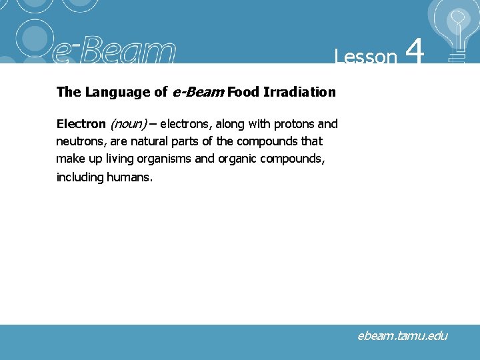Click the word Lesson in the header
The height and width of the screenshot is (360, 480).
point(365,57)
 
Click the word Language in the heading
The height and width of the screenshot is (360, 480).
point(117,92)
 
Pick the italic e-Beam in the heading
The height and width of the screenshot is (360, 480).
point(198,92)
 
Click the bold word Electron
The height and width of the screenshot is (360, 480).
point(81,124)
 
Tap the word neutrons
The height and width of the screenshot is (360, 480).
point(79,141)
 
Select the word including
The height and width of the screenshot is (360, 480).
point(79,177)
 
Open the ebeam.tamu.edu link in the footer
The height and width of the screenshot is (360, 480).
point(402,336)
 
